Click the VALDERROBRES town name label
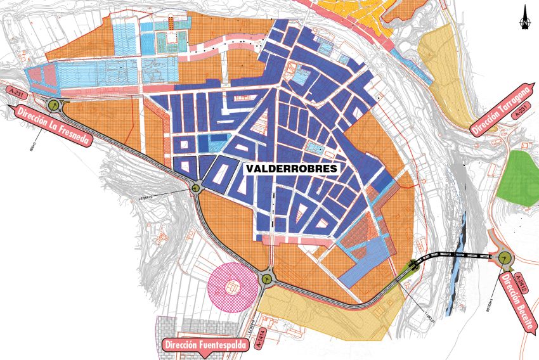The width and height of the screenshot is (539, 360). [292, 169]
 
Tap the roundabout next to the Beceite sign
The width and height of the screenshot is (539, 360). [505, 257]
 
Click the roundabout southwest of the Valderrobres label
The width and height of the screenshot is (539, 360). [197, 186]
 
